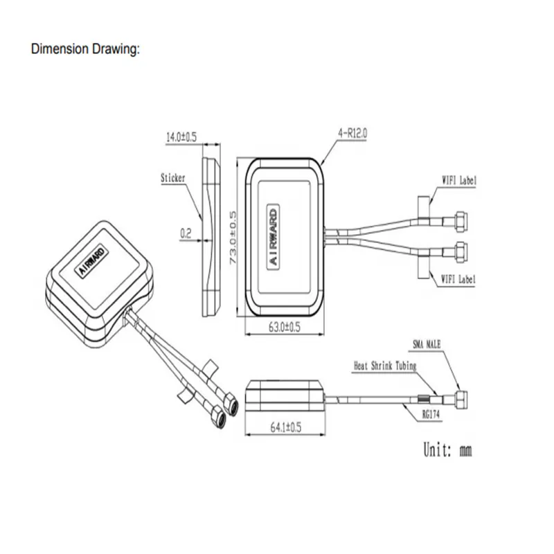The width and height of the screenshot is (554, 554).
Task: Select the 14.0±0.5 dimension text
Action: click(181, 138)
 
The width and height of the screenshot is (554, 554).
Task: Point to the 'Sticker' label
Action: click(172, 178)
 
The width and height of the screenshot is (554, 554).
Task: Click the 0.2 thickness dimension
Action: click(186, 234)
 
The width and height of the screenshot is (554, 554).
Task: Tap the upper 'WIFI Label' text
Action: click(460, 180)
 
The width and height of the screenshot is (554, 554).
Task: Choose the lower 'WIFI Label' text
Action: click(460, 279)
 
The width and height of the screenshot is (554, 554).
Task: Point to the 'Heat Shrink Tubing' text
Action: click(385, 366)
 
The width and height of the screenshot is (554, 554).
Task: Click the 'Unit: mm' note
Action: click(447, 450)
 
